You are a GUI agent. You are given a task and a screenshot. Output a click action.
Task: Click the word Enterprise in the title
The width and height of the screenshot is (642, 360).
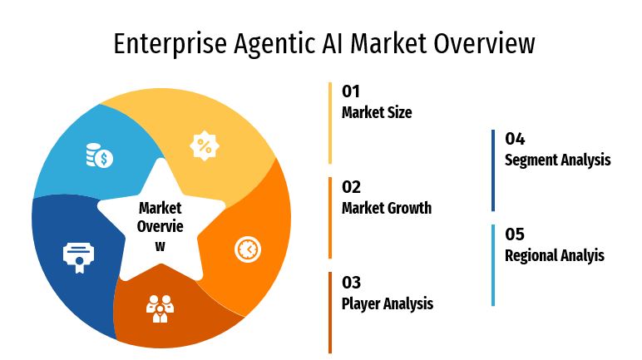[170, 44]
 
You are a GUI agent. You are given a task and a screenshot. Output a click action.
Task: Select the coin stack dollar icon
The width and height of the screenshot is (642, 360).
[100, 155]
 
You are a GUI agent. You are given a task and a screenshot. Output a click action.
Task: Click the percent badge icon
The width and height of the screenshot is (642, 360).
[205, 145]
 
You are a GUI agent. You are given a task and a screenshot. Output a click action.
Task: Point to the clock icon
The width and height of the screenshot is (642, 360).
[248, 249]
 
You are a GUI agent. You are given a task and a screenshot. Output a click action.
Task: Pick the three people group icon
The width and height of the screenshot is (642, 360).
[160, 308]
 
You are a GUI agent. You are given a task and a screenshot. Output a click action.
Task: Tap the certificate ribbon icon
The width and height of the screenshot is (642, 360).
[79, 258]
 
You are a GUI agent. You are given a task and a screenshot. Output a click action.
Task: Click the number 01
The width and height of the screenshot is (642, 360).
[351, 91]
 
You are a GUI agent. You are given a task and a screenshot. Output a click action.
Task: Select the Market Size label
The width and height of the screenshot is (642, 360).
[377, 112]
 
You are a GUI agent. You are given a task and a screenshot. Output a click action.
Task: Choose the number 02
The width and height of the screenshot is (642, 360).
[351, 187]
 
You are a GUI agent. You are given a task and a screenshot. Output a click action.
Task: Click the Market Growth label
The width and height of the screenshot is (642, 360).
[387, 208]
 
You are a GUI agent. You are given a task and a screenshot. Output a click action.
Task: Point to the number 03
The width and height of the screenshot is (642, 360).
[351, 283]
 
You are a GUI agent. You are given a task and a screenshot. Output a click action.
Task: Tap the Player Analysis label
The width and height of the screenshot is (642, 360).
[388, 304]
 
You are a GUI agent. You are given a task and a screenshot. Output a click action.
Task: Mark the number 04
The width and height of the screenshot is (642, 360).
[515, 139]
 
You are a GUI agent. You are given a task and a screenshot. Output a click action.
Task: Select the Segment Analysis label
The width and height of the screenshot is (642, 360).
[558, 160]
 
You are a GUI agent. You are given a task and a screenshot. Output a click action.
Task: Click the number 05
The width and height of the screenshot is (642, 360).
[515, 234]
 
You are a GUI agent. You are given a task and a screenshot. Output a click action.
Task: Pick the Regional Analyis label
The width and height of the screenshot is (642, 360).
[555, 255]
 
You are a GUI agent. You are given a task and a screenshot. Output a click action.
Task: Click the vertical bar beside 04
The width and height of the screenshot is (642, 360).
[493, 170]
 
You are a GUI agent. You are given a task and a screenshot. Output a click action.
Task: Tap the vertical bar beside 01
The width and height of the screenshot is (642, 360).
[330, 123]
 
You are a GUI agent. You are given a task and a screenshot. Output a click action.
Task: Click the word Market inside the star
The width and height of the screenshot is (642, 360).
[160, 208]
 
